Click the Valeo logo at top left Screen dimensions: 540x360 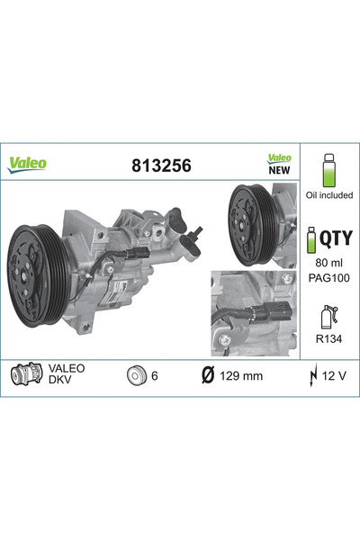29,165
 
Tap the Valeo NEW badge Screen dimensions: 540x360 280,163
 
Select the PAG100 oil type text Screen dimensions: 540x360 328,279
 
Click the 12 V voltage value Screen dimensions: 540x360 336,374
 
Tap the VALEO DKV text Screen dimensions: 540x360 67,374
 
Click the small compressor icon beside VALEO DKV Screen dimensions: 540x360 24,374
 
